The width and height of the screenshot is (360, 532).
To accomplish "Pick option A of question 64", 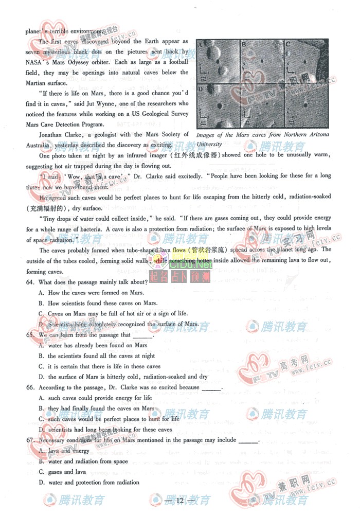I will tap(41, 293).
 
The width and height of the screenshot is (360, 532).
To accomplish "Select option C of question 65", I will tap(41, 366).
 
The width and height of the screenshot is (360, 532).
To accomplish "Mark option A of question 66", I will tap(41, 398).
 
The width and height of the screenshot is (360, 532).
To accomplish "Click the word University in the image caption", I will tap(209, 144).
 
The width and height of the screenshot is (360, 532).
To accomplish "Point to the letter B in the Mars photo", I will tap(244, 45).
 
